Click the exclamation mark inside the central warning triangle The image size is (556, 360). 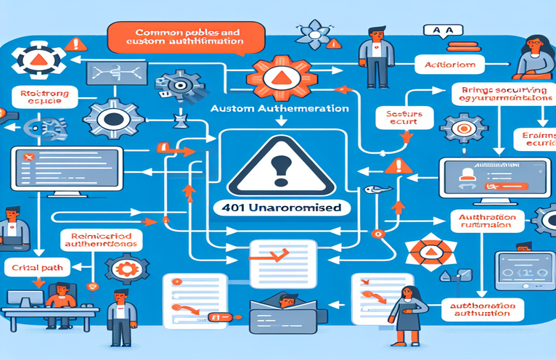click(x=277, y=170)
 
